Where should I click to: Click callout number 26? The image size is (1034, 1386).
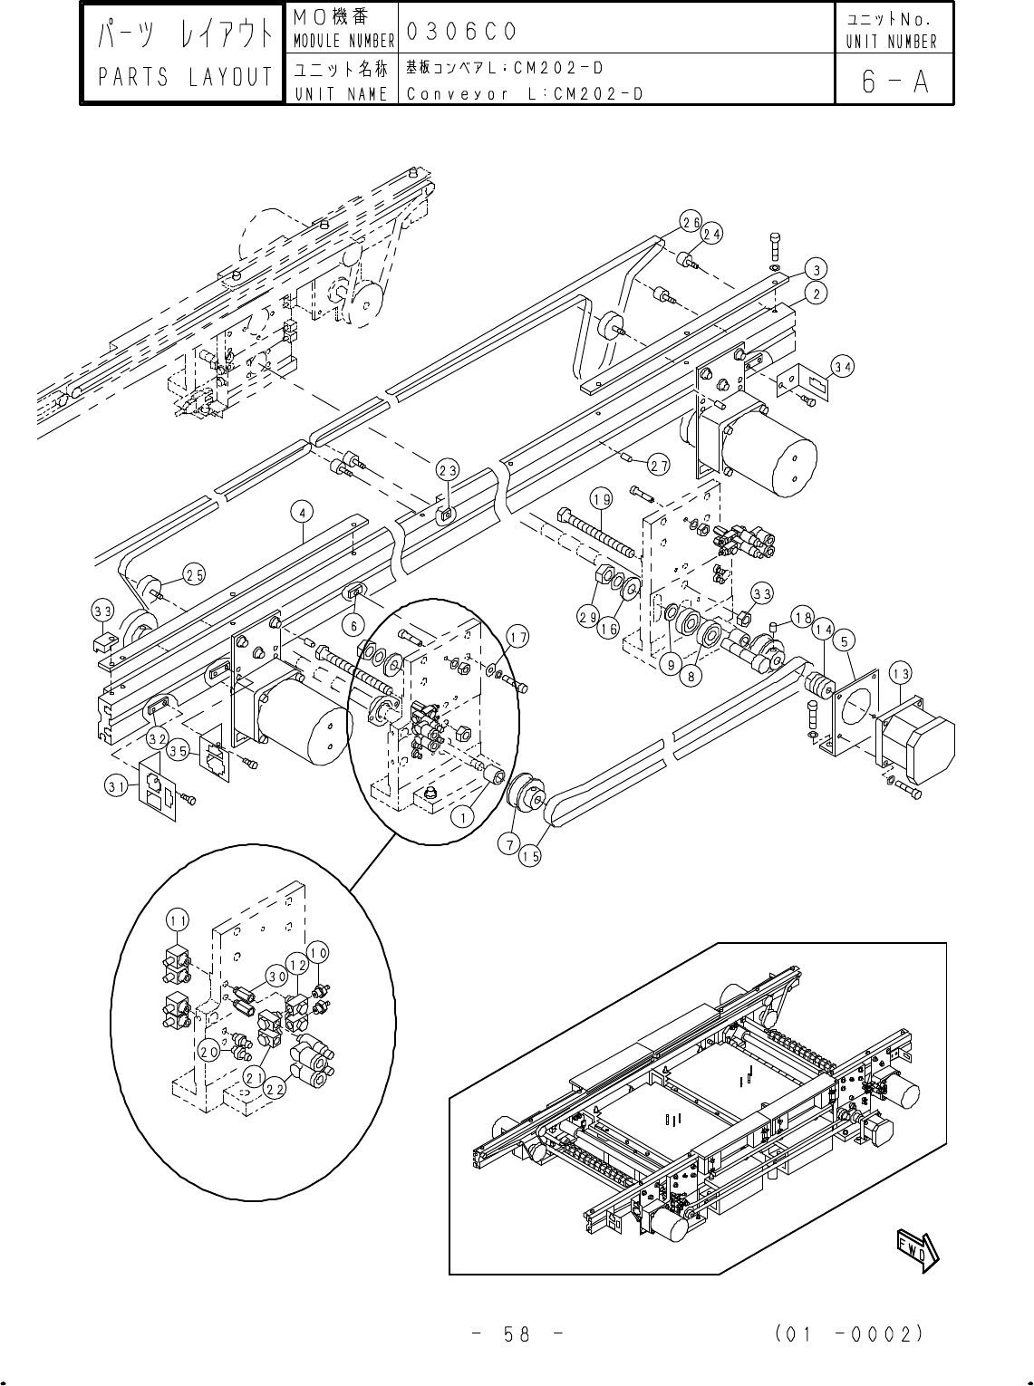click(x=691, y=220)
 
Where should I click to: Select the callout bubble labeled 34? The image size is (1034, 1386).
click(x=843, y=366)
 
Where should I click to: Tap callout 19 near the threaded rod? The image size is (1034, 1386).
click(x=601, y=498)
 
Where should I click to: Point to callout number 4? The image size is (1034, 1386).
click(x=303, y=512)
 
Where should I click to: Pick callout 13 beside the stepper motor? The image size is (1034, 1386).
click(x=900, y=673)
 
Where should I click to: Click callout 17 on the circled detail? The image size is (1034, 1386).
click(x=516, y=637)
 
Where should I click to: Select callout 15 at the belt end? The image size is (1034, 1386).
click(x=530, y=856)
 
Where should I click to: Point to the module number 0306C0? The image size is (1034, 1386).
click(x=461, y=32)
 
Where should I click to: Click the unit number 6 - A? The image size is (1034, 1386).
click(x=894, y=82)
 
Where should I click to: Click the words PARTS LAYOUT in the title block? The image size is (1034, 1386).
click(x=186, y=78)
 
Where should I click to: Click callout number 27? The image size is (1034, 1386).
click(x=658, y=466)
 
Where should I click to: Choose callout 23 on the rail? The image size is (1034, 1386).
click(x=447, y=469)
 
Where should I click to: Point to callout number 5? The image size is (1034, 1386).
click(x=845, y=641)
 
